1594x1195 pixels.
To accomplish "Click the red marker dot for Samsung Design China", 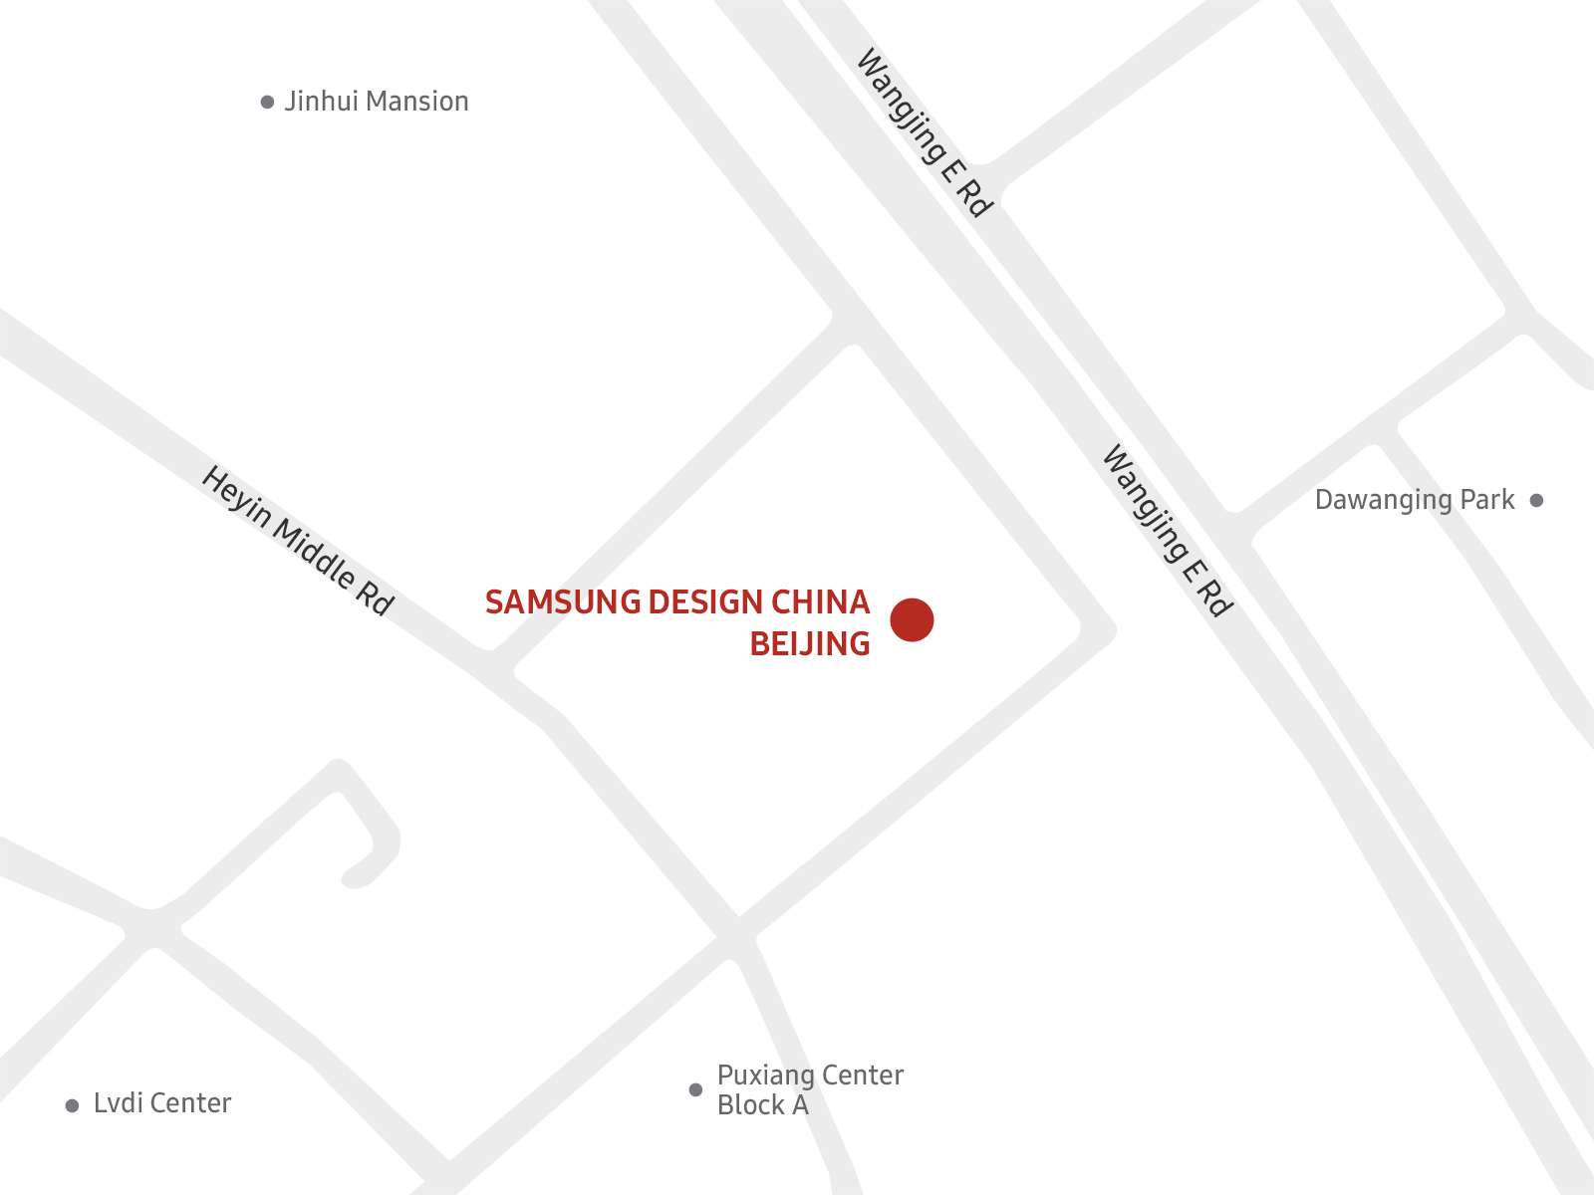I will tap(912, 619).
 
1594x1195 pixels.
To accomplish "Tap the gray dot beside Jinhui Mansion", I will tap(267, 103).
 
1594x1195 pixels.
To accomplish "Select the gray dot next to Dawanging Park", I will tap(1536, 501).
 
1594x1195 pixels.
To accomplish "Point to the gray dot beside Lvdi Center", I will tap(72, 1106).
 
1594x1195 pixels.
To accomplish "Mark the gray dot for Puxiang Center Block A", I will tap(695, 1089).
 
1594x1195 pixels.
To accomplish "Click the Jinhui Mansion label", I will tap(377, 102).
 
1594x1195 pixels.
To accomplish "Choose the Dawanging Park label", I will tap(1415, 500).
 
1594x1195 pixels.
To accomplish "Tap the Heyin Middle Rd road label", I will tap(298, 540).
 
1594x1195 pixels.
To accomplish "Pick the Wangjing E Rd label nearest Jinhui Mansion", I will tap(924, 132).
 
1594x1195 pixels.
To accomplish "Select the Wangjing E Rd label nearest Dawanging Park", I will tap(1167, 530).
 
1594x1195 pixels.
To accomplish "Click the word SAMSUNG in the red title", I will tap(563, 602).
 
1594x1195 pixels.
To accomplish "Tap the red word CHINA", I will tap(821, 602).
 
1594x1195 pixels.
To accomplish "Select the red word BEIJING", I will tap(810, 644).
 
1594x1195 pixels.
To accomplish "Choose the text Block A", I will tap(762, 1105).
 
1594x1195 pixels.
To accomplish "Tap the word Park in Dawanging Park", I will tap(1486, 500).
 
